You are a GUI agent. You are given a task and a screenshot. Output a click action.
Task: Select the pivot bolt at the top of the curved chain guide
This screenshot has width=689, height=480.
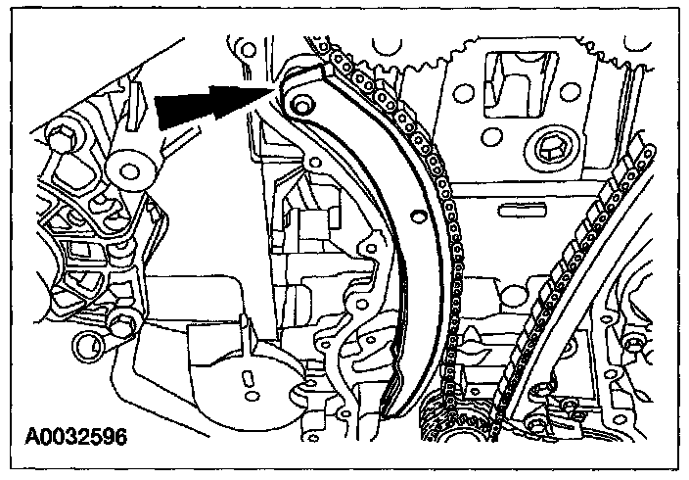tap(300, 102)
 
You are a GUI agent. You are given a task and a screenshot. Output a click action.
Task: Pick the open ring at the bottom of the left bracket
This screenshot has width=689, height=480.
tap(90, 344)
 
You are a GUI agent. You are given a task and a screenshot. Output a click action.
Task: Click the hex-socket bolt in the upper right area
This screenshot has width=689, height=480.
tap(549, 152)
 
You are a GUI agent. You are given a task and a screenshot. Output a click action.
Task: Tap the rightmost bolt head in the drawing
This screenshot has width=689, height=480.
tap(640, 344)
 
